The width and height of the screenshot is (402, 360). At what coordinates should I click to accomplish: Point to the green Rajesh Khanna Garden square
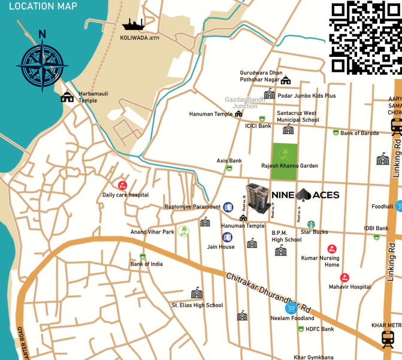tap(285, 161)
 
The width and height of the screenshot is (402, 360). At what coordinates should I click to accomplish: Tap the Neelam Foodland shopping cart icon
tap(292, 309)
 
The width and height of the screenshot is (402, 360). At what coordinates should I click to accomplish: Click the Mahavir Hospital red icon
tap(344, 278)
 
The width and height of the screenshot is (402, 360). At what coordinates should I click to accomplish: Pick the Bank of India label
tap(147, 264)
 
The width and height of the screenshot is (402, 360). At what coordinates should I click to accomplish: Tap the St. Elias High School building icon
tap(197, 294)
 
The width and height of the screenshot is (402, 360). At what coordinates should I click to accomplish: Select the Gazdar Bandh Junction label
tap(244, 102)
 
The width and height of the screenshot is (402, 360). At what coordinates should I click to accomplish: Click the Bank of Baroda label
tap(359, 133)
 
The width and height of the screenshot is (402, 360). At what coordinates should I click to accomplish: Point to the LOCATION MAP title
tap(43, 7)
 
